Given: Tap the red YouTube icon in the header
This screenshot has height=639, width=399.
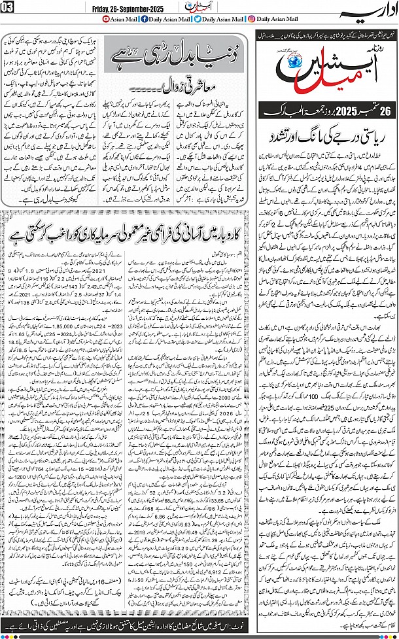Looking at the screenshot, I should click(109, 20).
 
